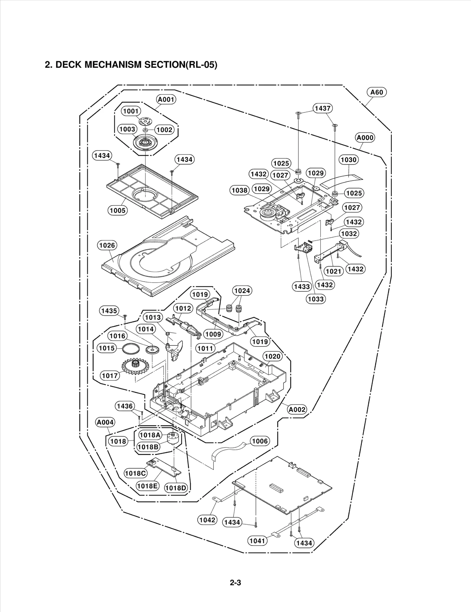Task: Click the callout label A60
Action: [377, 92]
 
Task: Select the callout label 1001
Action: [131, 111]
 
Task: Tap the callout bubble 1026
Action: [107, 245]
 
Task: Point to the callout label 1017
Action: [110, 375]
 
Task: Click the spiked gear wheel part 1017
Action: [136, 366]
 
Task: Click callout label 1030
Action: [349, 160]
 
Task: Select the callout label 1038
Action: [239, 190]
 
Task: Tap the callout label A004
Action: [105, 422]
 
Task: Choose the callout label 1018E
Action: [147, 486]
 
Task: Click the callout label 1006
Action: [260, 441]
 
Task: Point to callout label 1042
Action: [207, 520]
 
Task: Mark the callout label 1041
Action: [257, 541]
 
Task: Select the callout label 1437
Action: [323, 108]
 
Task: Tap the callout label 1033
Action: [316, 299]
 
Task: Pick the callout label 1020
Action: [272, 357]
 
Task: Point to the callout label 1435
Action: [109, 311]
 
